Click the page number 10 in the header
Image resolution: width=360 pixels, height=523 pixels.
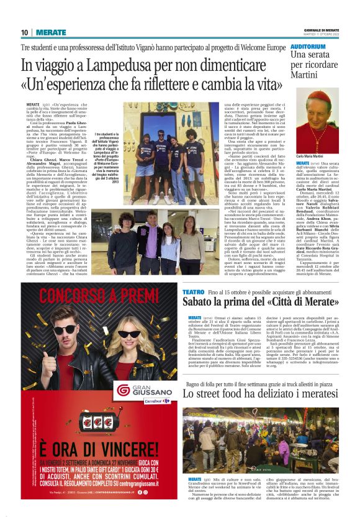point(25,32)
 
